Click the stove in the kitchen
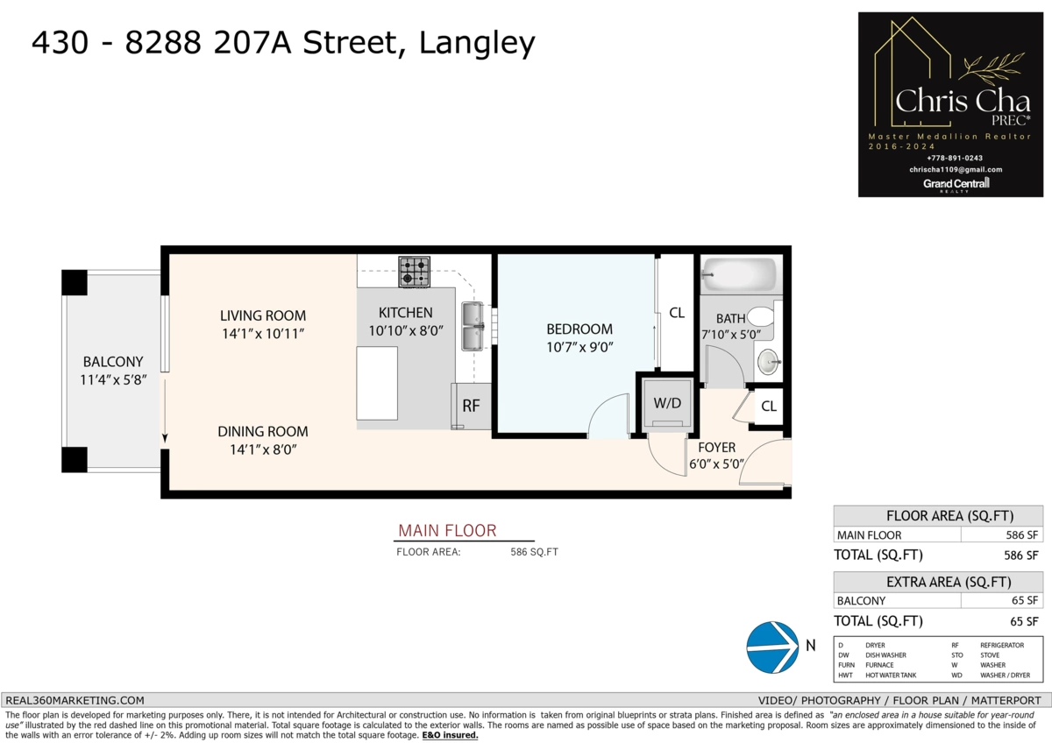(415, 272)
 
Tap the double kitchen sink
(474, 325)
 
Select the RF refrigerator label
(471, 407)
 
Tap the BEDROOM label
(579, 329)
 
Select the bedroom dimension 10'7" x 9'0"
(579, 347)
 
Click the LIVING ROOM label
(263, 315)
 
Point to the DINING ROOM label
(263, 431)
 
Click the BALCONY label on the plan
(113, 362)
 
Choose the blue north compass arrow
(771, 647)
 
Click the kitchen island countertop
(377, 383)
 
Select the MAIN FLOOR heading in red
(447, 530)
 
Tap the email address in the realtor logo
(956, 169)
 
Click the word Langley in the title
(477, 42)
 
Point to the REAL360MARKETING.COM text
(75, 700)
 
